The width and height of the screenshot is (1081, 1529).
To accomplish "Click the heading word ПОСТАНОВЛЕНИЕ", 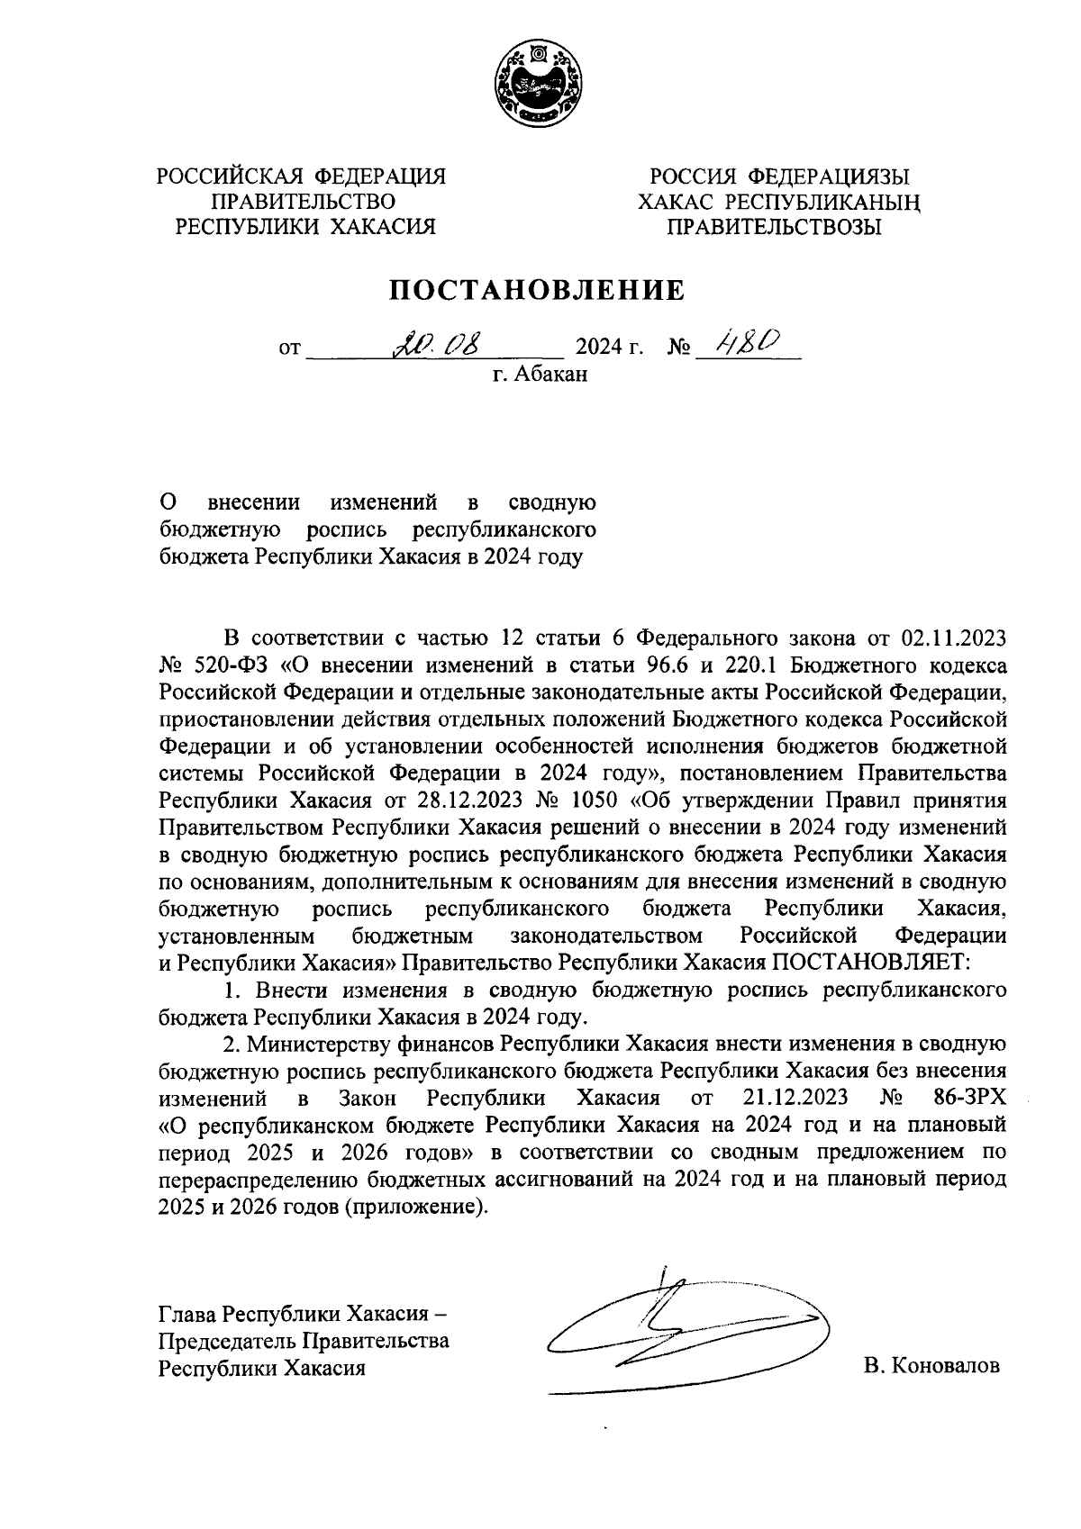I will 537,290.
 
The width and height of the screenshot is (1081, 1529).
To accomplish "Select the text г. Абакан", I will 540,374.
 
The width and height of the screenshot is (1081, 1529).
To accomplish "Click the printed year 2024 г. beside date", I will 609,346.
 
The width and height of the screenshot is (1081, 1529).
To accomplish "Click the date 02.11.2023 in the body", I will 953,639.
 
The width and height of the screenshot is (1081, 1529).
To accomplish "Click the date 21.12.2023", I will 795,1098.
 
